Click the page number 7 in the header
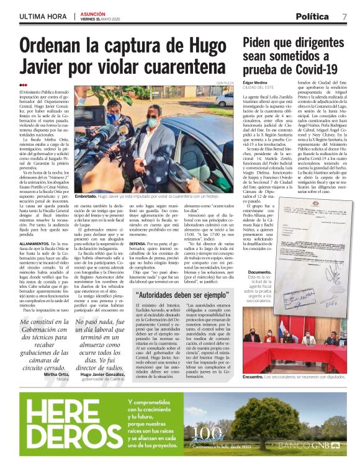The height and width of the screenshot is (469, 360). pyautogui.click(x=344, y=16)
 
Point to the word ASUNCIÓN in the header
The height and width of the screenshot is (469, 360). pyautogui.click(x=93, y=12)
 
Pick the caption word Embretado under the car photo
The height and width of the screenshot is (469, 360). pyautogui.click(x=89, y=196)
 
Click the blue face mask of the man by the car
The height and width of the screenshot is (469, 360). pyautogui.click(x=152, y=123)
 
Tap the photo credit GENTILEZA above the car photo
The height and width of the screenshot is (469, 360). pyautogui.click(x=225, y=83)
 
